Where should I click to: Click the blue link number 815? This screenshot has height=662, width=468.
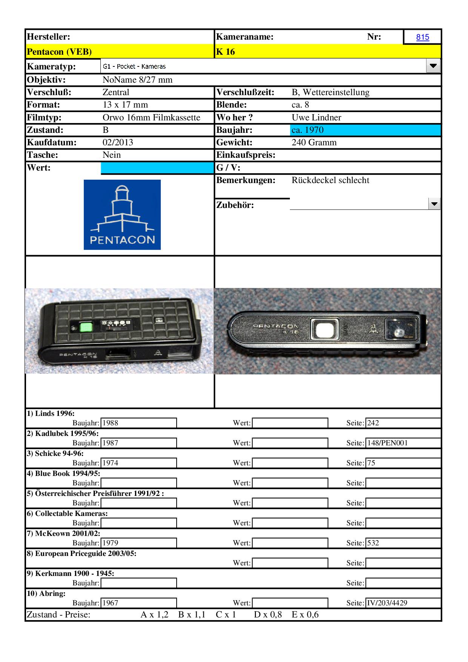click(x=422, y=37)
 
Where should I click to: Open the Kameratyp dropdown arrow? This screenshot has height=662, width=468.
click(x=433, y=66)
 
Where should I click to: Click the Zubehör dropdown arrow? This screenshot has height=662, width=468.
click(x=434, y=204)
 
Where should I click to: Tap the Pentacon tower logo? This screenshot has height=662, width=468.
click(x=122, y=214)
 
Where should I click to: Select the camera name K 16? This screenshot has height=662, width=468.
click(x=225, y=52)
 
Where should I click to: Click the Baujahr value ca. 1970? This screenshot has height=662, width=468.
click(x=308, y=130)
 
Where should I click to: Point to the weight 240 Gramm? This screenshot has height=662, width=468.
click(x=314, y=143)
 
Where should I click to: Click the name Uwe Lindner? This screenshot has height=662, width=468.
click(x=316, y=117)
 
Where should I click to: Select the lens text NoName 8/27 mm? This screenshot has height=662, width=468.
click(x=137, y=80)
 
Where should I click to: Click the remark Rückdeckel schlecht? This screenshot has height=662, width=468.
click(x=330, y=180)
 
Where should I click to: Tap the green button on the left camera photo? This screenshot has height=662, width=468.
click(x=87, y=327)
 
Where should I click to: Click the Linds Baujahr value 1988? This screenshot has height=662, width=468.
click(x=110, y=423)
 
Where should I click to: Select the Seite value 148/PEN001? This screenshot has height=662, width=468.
click(x=387, y=443)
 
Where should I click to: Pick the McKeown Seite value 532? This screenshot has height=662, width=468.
click(x=373, y=543)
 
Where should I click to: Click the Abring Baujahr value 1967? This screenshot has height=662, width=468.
click(x=110, y=603)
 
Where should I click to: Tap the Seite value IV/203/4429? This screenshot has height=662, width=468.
click(x=387, y=603)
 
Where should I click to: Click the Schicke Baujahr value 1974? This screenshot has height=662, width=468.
click(x=110, y=463)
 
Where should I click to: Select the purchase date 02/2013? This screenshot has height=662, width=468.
click(x=118, y=143)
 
